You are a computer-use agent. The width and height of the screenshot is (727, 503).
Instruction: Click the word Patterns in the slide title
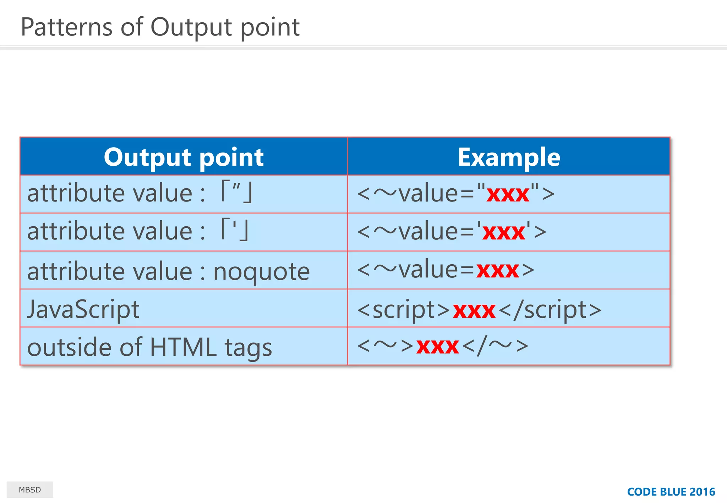click(67, 27)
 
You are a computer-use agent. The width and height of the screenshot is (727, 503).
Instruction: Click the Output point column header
click(184, 157)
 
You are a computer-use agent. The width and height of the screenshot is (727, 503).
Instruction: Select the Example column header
click(509, 157)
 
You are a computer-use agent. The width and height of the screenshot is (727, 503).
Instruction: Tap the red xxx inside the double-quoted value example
click(508, 194)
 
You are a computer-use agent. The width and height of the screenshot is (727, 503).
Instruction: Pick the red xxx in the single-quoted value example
click(503, 232)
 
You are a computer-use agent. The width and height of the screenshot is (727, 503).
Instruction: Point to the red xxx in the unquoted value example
click(498, 270)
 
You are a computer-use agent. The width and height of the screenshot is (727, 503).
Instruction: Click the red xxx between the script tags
click(474, 310)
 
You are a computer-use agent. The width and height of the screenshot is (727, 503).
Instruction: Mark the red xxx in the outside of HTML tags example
click(437, 346)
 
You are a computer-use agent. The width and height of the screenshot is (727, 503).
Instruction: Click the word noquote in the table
click(261, 272)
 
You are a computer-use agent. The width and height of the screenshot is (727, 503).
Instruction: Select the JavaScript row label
click(83, 309)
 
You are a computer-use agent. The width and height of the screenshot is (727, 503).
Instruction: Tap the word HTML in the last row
click(183, 347)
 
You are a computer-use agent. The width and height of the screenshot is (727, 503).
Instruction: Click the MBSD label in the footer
click(30, 490)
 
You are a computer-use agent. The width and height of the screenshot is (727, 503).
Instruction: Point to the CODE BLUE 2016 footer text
click(671, 492)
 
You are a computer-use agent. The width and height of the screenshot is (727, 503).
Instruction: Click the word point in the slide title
click(270, 27)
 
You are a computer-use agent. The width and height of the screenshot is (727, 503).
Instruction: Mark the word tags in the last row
click(248, 348)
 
